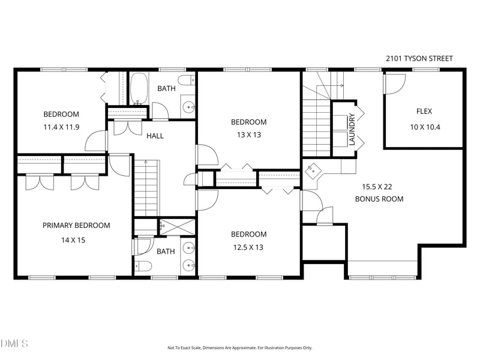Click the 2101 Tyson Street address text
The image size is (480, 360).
[x=419, y=58]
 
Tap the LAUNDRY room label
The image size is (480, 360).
[x=352, y=129]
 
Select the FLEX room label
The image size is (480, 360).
[x=424, y=112]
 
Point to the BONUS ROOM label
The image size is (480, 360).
[x=379, y=199]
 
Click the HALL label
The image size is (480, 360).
[x=155, y=136]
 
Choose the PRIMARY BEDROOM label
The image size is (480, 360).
[x=76, y=226]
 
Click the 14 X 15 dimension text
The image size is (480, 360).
[x=73, y=240]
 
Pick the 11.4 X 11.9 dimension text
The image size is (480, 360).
[x=62, y=127]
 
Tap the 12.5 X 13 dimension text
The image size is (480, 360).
[x=248, y=247]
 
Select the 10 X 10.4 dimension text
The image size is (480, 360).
[x=425, y=127]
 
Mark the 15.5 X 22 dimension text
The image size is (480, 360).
[x=377, y=187]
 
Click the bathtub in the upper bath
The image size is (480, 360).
[x=139, y=89]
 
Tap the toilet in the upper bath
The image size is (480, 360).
[x=187, y=80]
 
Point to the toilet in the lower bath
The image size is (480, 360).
[x=143, y=266]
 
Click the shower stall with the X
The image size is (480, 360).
[x=177, y=227]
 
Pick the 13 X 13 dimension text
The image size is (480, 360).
[x=249, y=134]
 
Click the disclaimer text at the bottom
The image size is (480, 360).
[x=239, y=348]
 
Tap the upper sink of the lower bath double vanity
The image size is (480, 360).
[x=189, y=247]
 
